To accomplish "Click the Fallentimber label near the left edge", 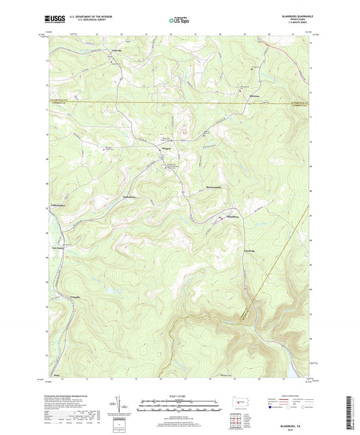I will [61, 205].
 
